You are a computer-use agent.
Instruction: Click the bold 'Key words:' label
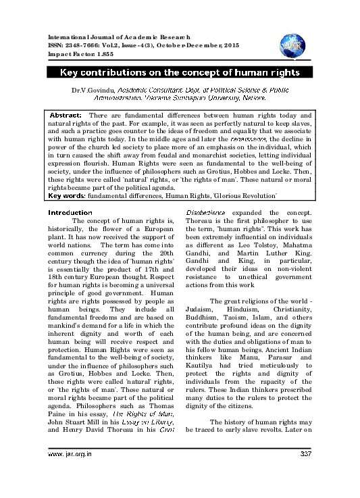coord(66,177)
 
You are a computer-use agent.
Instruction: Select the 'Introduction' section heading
coord(67,193)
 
